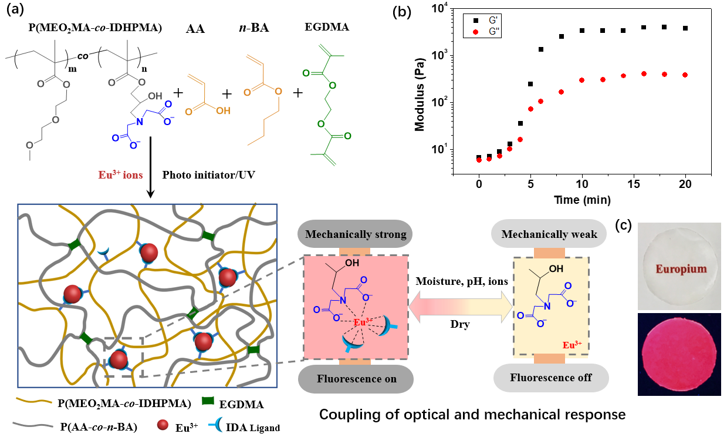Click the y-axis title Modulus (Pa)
coord(420,92)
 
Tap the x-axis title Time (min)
coord(581,200)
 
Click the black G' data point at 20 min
coord(685,28)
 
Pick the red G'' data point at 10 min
coord(582,80)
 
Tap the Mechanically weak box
coord(549,234)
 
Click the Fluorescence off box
coord(550,378)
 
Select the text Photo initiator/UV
coord(205,174)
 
